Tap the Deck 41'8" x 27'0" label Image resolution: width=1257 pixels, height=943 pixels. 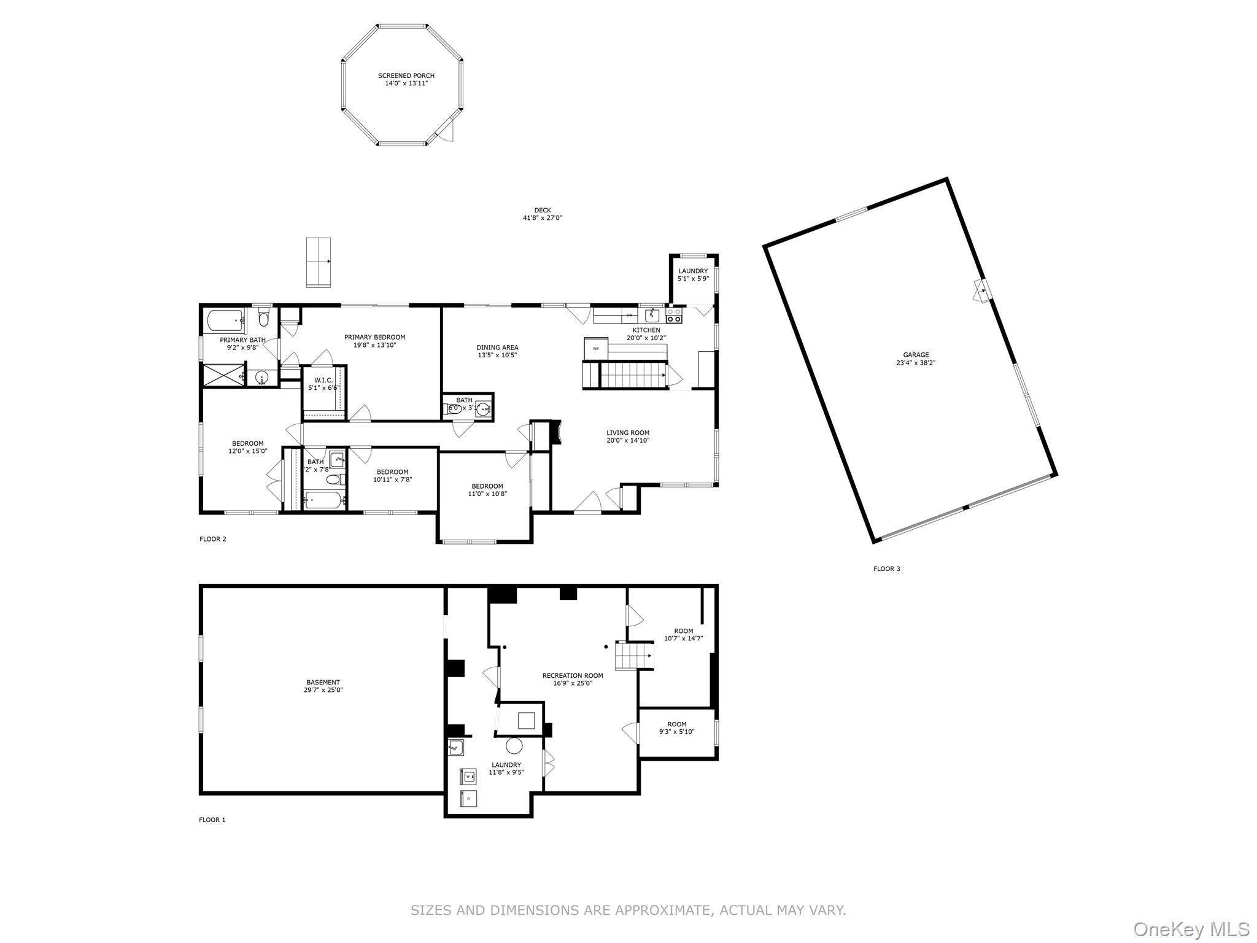click(x=542, y=214)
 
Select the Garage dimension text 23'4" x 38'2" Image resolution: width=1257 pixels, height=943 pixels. click(x=916, y=363)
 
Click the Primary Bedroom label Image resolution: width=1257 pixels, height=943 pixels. click(x=374, y=337)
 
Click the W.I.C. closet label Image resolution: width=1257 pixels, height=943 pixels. click(x=323, y=380)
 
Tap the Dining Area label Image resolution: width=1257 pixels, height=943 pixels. click(x=497, y=347)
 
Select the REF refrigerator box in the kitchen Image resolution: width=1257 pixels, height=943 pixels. click(x=595, y=348)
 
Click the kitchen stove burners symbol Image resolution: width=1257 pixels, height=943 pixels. click(x=674, y=316)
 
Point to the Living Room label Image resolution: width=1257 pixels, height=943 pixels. click(x=628, y=433)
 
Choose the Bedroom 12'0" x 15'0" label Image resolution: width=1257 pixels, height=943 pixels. click(x=247, y=443)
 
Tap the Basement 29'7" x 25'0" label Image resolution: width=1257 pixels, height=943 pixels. click(x=323, y=682)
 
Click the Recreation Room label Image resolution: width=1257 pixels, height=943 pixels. click(x=572, y=675)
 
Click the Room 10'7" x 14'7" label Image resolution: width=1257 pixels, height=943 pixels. click(x=683, y=631)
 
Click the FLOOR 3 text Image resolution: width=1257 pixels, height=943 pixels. click(x=886, y=569)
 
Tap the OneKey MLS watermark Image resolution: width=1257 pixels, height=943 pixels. click(x=1191, y=929)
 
